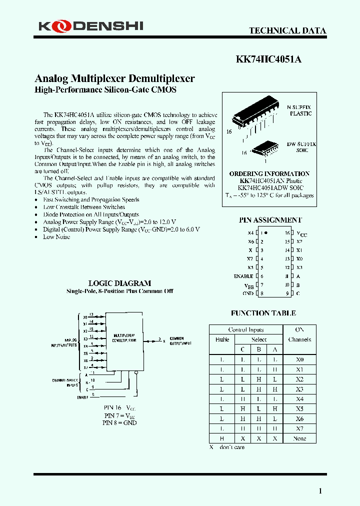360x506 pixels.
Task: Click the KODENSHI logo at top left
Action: tap(90, 25)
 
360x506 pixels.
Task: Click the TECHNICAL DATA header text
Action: tap(287, 30)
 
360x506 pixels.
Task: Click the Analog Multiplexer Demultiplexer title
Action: tap(114, 78)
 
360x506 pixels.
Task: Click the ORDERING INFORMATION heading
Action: tap(269, 173)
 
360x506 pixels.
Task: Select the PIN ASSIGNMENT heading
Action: tap(270, 220)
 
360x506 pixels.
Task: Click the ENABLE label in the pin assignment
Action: tap(243, 276)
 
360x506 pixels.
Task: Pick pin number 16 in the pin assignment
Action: tap(287, 233)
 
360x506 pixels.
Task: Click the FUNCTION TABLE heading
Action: tap(263, 313)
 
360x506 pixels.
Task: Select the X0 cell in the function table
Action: tap(299, 359)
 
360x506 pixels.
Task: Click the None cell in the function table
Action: tap(299, 438)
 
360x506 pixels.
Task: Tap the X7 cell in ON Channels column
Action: tap(299, 428)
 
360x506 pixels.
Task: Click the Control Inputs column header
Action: tap(245, 330)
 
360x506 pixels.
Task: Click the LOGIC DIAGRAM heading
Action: tap(119, 283)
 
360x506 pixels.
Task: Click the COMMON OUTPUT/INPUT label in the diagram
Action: tap(179, 340)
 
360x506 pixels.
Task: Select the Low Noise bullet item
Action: tap(56, 237)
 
